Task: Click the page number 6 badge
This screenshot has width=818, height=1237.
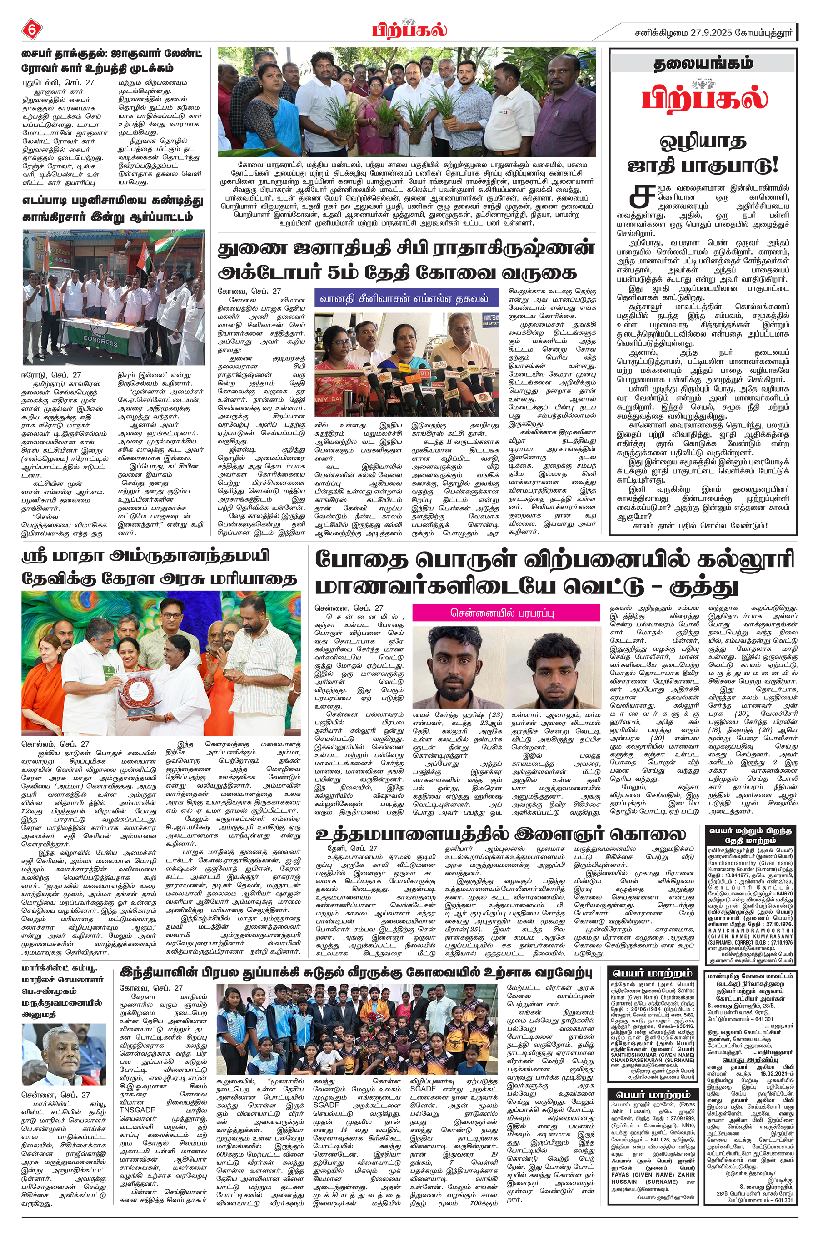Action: pos(32,30)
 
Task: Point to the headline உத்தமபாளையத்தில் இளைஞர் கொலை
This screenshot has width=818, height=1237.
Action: pos(500,834)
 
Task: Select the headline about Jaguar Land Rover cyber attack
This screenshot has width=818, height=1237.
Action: pos(112,61)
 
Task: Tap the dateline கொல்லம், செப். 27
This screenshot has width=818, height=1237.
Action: pos(56,744)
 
